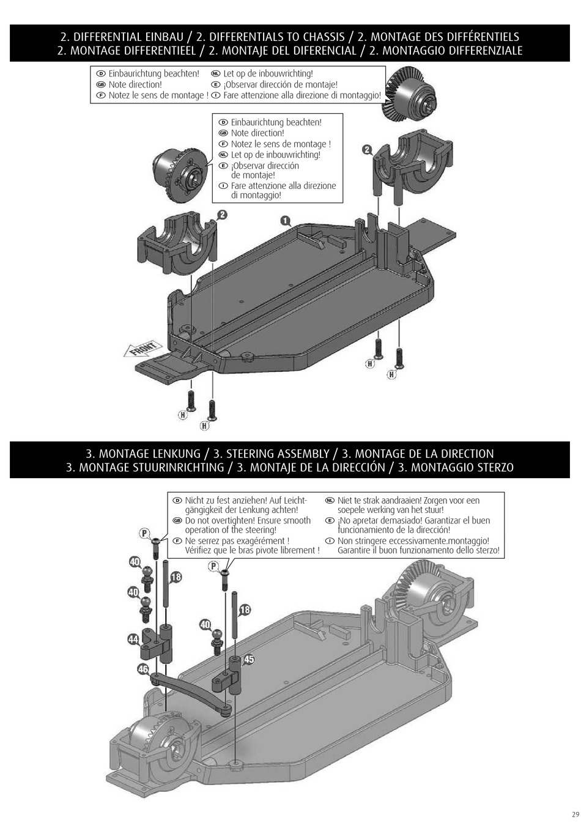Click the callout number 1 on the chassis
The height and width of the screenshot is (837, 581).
click(286, 221)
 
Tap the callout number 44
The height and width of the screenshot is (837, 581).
click(133, 640)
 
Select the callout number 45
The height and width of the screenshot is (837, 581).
click(249, 660)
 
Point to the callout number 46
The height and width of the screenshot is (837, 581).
click(142, 669)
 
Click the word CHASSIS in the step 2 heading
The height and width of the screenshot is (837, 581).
click(321, 37)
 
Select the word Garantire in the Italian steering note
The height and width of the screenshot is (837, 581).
click(358, 550)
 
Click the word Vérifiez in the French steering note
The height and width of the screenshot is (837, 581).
click(202, 550)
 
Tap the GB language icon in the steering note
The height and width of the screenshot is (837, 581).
click(177, 521)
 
